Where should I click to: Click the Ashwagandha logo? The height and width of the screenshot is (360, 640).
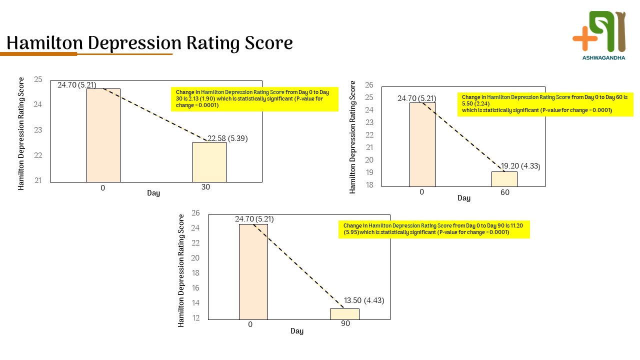(599, 35)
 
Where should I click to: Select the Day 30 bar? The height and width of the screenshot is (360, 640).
(209, 162)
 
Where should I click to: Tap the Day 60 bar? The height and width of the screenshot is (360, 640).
(504, 179)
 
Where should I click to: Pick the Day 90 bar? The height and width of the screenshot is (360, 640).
(344, 314)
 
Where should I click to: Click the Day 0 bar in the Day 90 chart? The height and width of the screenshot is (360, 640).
(253, 271)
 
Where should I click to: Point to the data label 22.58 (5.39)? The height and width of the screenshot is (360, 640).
(227, 138)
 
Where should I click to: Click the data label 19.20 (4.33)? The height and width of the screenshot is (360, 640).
(520, 166)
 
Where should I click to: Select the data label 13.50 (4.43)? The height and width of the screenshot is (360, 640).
(363, 300)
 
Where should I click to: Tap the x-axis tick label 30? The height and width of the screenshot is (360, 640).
(205, 187)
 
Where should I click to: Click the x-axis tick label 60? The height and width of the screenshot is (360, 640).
(505, 192)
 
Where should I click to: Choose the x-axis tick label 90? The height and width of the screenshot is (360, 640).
(345, 323)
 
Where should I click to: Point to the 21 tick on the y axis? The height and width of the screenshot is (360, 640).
(38, 180)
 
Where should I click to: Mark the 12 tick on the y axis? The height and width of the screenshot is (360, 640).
(195, 317)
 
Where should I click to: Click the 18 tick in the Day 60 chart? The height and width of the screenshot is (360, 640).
(369, 185)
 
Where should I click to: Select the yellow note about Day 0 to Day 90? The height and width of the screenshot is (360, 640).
(433, 229)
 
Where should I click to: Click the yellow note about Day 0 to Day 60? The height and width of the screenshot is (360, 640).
(544, 103)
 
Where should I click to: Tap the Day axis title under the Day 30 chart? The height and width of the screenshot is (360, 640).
(153, 193)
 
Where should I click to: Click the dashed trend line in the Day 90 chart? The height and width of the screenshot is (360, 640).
(298, 265)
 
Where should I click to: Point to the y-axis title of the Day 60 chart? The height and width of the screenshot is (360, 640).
(352, 137)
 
